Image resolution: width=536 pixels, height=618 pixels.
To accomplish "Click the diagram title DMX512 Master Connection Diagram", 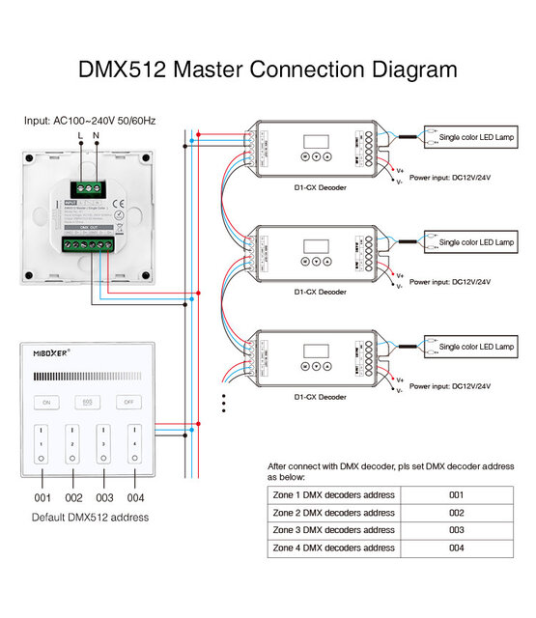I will tap(268, 70).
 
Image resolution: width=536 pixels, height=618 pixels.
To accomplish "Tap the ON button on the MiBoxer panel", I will tap(44, 401).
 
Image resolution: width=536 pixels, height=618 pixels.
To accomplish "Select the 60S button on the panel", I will tap(86, 401).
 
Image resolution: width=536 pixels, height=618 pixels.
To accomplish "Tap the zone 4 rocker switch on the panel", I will tap(136, 440).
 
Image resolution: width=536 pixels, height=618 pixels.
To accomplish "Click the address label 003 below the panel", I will tap(105, 498).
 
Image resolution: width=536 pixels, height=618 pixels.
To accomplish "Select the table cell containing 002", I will tap(456, 513).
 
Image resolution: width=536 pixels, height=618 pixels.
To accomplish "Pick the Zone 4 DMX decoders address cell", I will tap(333, 548).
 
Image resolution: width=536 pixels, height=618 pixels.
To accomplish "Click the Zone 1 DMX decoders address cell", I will tap(333, 495).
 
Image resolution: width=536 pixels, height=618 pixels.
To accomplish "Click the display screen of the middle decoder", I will tap(315, 245).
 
